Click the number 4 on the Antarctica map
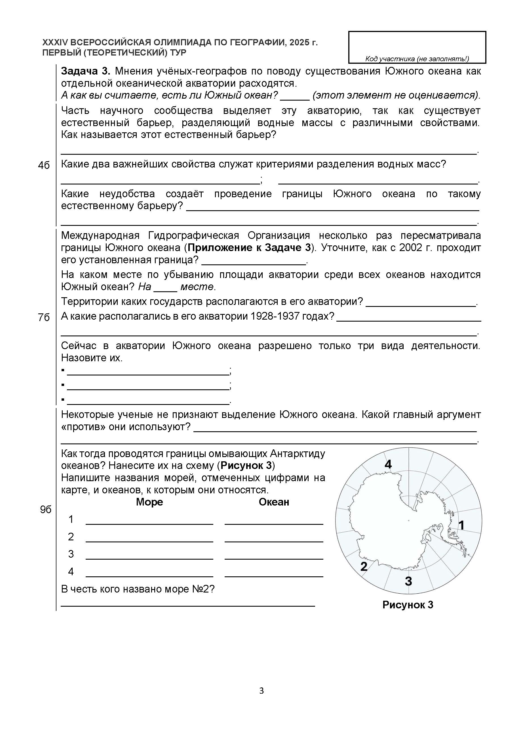388,464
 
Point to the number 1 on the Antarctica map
461,525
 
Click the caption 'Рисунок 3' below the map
408,605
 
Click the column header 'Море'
149,502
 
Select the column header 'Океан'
274,502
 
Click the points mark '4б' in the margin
44,165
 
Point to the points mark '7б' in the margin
44,317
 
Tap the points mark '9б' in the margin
46,509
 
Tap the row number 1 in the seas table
71,519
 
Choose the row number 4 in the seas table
71,571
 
